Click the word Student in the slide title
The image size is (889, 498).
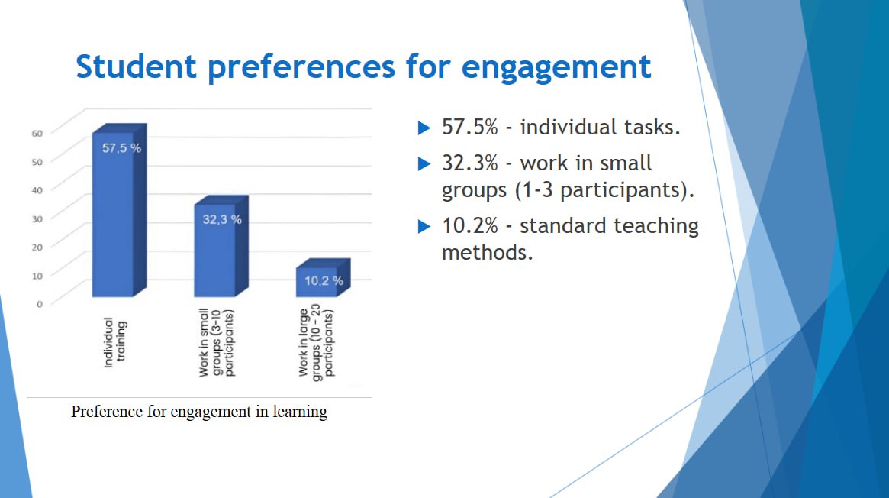(136, 66)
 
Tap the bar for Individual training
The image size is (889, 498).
(120, 210)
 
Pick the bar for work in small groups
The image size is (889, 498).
(221, 246)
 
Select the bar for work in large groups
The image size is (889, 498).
(324, 277)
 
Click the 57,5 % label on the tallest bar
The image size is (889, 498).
(121, 148)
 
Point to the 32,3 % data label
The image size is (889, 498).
(222, 219)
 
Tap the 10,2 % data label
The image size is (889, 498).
(324, 281)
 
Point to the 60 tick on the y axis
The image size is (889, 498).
(37, 134)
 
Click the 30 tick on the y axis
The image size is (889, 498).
(37, 219)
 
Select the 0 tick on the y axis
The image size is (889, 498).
(40, 304)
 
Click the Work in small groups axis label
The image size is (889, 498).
(216, 343)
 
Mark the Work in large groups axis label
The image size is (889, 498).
(317, 343)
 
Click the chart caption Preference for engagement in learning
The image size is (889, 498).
(199, 411)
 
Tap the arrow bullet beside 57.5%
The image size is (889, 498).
(424, 128)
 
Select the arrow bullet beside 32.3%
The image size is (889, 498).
(424, 164)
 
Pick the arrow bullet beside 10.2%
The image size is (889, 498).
(424, 226)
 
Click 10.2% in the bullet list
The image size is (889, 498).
(469, 226)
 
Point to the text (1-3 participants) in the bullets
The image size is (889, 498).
(604, 190)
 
